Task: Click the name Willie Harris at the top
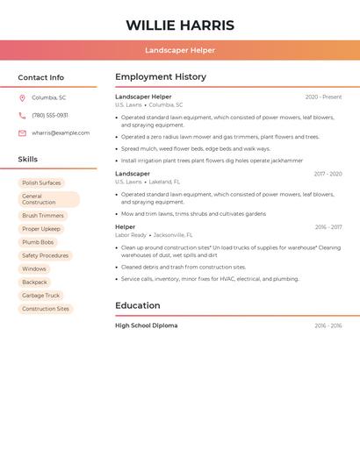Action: click(180, 25)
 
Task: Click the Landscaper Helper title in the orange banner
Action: click(180, 50)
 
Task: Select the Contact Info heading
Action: click(40, 77)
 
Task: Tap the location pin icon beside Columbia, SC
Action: click(22, 97)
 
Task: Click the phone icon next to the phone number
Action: click(22, 115)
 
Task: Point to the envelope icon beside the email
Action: click(22, 133)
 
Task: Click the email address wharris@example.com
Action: click(61, 133)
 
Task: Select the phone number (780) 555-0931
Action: click(50, 115)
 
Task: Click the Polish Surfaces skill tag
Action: click(41, 182)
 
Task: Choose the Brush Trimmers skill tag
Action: click(43, 215)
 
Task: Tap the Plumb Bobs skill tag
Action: click(38, 242)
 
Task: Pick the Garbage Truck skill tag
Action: click(40, 296)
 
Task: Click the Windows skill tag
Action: click(34, 268)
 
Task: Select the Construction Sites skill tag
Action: click(46, 309)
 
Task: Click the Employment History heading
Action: click(160, 77)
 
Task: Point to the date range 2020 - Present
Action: click(323, 97)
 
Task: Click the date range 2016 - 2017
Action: click(328, 227)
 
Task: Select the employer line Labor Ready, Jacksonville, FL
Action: click(154, 235)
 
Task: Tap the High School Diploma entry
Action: click(146, 325)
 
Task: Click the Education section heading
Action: click(137, 305)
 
